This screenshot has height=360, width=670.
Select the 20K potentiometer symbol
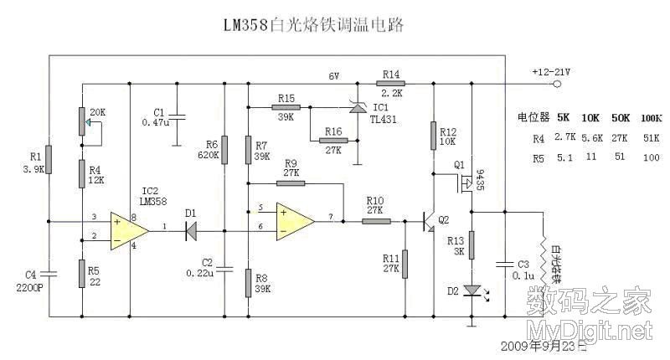(x=82, y=123)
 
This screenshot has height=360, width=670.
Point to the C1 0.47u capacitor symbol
(x=178, y=116)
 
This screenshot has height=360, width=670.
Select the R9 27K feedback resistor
(x=291, y=183)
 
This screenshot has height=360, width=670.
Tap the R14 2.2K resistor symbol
(x=391, y=84)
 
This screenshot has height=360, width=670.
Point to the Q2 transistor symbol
(x=428, y=222)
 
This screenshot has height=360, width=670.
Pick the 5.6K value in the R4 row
(x=592, y=136)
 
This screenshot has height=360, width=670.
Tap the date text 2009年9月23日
(x=539, y=346)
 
